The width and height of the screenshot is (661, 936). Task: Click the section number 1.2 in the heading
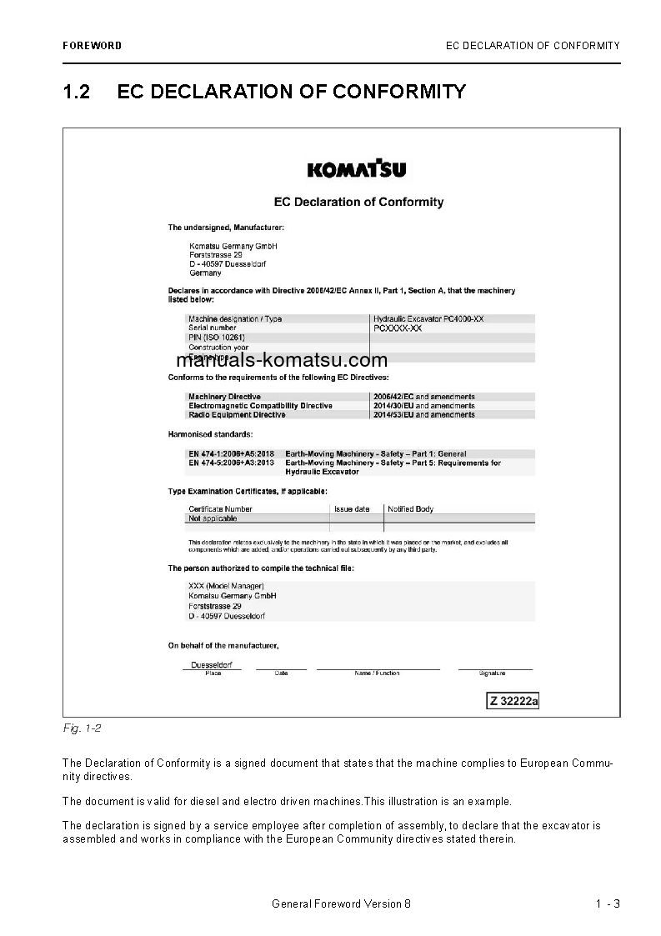click(76, 91)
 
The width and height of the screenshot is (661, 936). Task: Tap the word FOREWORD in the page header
click(92, 46)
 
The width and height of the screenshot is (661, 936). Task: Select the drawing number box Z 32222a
click(513, 701)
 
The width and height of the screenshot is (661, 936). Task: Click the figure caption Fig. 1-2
click(82, 728)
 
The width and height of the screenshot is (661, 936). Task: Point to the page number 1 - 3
click(608, 903)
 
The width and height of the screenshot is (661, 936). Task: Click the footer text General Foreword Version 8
click(342, 903)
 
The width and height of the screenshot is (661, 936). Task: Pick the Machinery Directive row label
click(224, 397)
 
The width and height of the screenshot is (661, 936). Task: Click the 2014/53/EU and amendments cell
click(424, 414)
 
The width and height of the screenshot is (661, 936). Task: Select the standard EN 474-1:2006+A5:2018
click(231, 453)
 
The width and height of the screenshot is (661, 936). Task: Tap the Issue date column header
click(352, 508)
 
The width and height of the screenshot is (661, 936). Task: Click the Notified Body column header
click(410, 508)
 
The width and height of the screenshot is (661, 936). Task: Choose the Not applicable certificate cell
click(213, 518)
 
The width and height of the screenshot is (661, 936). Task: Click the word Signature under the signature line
click(493, 673)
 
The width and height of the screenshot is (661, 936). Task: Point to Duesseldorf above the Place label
click(212, 665)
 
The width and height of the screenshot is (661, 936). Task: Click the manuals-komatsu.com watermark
click(282, 360)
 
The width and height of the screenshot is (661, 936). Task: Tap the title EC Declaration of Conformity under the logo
click(358, 202)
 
